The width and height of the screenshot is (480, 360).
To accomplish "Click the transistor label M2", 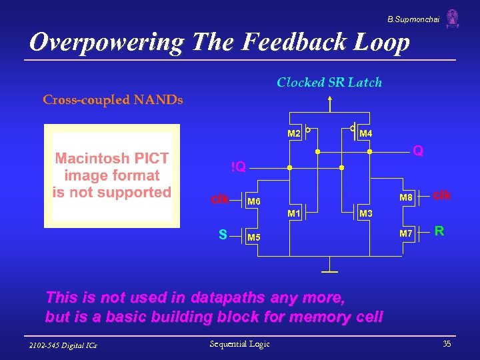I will (294, 134).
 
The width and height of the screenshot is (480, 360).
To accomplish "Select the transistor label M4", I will (366, 134).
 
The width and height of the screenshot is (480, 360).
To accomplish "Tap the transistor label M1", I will (294, 214).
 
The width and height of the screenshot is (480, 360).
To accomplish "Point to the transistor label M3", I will (366, 214).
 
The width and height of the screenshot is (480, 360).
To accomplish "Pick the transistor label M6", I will (254, 201).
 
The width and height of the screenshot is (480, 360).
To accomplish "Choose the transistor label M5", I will (254, 237).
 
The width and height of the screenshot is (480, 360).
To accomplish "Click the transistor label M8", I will (406, 197).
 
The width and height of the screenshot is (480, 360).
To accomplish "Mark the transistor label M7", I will (406, 233).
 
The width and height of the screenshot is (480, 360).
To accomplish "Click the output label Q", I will (417, 151).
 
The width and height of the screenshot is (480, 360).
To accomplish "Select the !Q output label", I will (238, 167).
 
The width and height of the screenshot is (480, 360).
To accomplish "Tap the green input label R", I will (439, 231).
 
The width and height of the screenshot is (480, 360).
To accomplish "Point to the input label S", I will (223, 235).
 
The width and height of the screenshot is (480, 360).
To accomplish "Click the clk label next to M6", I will (221, 199).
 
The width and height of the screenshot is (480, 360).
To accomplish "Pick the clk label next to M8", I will (442, 195).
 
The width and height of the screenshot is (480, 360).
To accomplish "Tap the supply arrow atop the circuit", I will (329, 101).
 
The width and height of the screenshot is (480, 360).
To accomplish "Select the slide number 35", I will (446, 344).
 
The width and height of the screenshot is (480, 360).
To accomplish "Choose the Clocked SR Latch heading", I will (329, 83).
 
